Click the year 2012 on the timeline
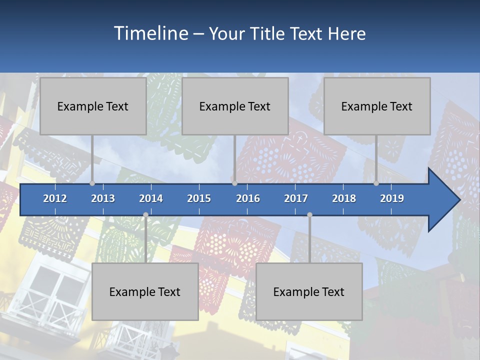pos(55,198)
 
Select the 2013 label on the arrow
pos(103,198)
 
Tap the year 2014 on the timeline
pos(151,198)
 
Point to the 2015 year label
pos(199,198)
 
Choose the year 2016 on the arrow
pos(248,198)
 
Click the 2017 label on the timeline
pos(296,198)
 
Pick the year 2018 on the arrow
pos(344,198)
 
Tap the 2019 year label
pos(392,198)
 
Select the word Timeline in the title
pos(150,33)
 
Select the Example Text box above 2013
pos(93,106)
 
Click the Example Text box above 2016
pos(235,106)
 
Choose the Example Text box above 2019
pos(377,106)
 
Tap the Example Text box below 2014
pos(145,291)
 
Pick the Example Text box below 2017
pos(309,291)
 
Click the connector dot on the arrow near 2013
pos(92,183)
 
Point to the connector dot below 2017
pos(309,214)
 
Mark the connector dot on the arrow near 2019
pos(376,183)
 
